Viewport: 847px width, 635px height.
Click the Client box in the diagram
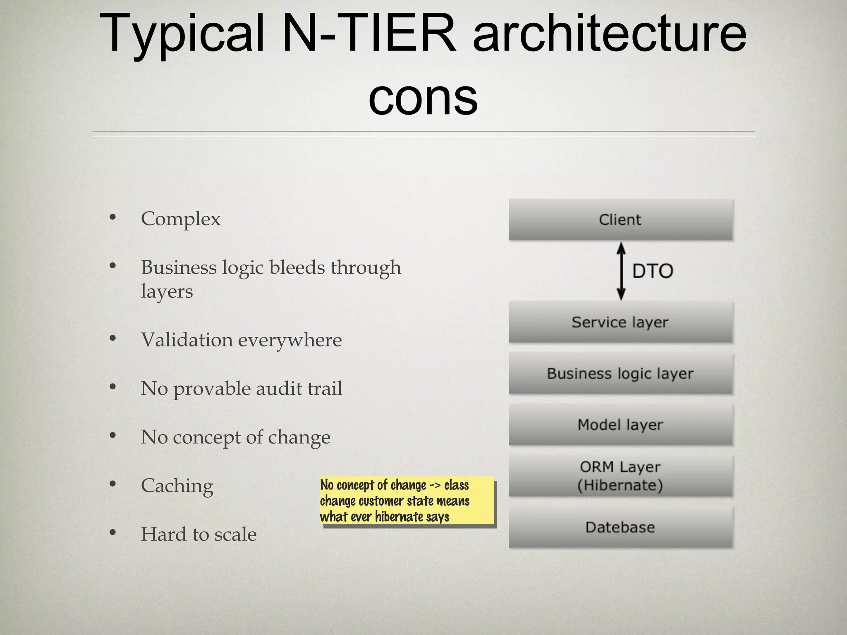(x=620, y=220)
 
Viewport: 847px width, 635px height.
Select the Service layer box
(x=620, y=322)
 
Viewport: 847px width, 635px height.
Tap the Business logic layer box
(x=620, y=373)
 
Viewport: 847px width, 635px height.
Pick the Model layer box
(x=620, y=425)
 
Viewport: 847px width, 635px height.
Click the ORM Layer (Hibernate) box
(x=620, y=476)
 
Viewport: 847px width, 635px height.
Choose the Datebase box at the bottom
(x=620, y=527)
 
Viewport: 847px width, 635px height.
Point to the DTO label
(x=653, y=271)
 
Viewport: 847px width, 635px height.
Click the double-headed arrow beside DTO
(x=621, y=271)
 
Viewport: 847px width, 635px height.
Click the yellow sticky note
(x=407, y=501)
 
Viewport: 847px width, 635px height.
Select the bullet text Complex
(x=180, y=219)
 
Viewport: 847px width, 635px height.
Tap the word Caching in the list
(x=177, y=486)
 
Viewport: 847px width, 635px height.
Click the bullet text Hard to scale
(x=199, y=534)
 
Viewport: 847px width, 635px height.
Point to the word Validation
(x=187, y=340)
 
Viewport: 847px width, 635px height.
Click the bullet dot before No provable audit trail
(x=112, y=387)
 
